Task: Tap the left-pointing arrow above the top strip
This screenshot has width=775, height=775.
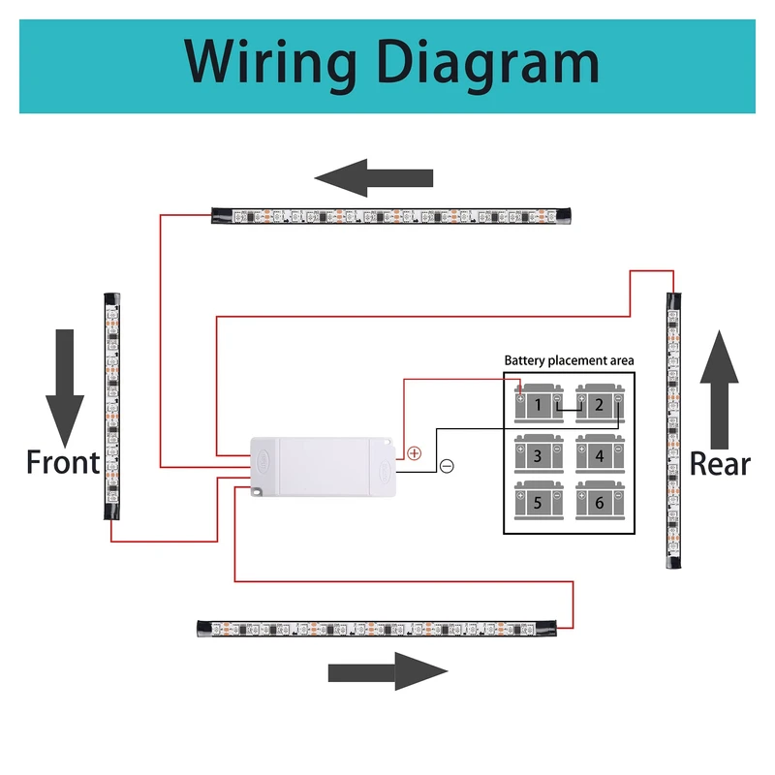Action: point(374,179)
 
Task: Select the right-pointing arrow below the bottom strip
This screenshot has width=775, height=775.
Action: point(387,671)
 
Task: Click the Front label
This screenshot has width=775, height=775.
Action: point(63,463)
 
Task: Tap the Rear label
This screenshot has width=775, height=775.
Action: point(720,464)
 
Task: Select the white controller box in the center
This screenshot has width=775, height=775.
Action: point(323,466)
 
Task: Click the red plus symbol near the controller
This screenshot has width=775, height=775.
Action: point(415,452)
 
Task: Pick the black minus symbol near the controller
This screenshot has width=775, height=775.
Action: point(447,466)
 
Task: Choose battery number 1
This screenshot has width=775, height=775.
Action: point(539,404)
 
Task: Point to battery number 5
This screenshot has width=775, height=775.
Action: point(539,501)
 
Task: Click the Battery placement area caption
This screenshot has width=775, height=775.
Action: point(569,361)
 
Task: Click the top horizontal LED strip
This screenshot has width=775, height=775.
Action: point(392,215)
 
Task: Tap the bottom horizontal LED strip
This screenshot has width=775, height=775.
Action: point(378,629)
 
